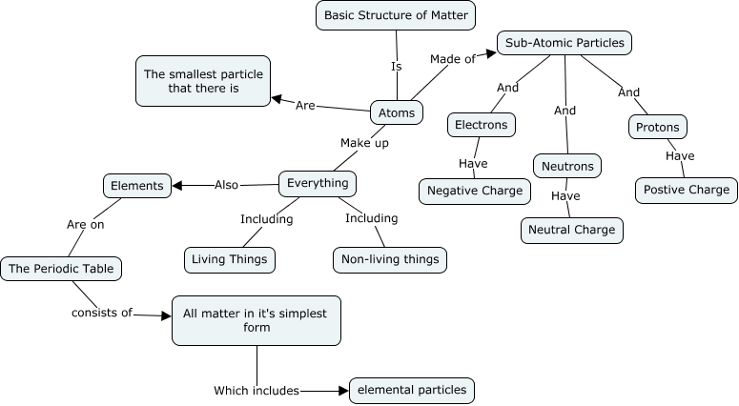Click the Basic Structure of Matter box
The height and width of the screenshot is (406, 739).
(x=396, y=15)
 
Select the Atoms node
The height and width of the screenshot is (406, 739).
(x=397, y=112)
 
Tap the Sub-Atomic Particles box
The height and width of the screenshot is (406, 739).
(x=565, y=43)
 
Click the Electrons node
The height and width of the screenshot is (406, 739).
(x=482, y=125)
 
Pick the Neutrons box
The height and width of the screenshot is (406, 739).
(x=567, y=166)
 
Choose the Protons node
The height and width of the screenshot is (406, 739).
(x=658, y=127)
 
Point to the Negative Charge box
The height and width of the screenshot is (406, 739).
(x=474, y=191)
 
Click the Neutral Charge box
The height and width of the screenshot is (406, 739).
(x=572, y=230)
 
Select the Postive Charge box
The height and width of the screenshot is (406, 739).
(x=686, y=190)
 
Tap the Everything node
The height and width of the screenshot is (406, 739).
(x=318, y=182)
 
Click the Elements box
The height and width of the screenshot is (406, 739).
(x=137, y=185)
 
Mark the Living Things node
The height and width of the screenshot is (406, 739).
(x=230, y=258)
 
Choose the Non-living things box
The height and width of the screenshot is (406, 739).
(x=389, y=258)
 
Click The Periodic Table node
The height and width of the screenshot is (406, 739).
(x=62, y=269)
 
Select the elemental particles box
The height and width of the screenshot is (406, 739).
(x=411, y=390)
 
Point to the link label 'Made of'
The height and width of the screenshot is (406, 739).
(x=452, y=59)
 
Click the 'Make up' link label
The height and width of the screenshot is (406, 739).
(x=364, y=142)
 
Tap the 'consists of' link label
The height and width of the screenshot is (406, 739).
(x=102, y=312)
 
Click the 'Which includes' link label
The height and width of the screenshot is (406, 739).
(x=257, y=390)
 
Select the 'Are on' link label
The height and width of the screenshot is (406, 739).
(x=85, y=226)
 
